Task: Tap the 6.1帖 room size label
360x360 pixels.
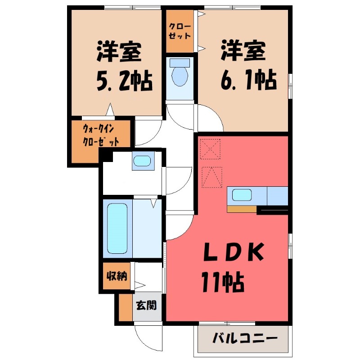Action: tap(247, 81)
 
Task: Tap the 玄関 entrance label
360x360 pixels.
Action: tap(146, 306)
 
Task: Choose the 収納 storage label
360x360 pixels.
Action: tap(116, 276)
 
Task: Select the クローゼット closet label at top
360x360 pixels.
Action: tap(180, 31)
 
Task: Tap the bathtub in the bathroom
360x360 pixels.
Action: tap(118, 229)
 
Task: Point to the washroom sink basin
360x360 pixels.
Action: tap(143, 161)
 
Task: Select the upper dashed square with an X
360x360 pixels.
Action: tap(211, 148)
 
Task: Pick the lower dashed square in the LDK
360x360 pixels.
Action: tap(211, 177)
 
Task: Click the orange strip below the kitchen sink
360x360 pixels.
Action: tap(242, 209)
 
